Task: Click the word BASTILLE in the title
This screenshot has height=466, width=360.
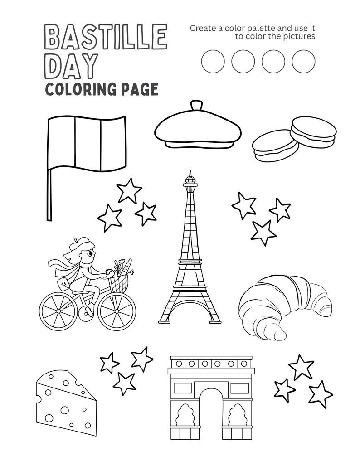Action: click(106, 37)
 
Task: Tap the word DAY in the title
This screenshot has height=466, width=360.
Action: click(72, 66)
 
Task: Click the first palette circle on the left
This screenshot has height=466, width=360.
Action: click(213, 61)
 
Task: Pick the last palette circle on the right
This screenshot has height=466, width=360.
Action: click(303, 61)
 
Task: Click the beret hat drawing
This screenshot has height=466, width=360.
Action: click(197, 129)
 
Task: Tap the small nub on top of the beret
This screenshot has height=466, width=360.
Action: click(196, 105)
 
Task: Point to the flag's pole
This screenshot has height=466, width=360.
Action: click(49, 195)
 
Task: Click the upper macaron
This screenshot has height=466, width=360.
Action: click(314, 129)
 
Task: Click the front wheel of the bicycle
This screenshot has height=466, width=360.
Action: click(117, 311)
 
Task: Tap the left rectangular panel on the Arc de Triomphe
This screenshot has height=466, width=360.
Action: click(182, 388)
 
